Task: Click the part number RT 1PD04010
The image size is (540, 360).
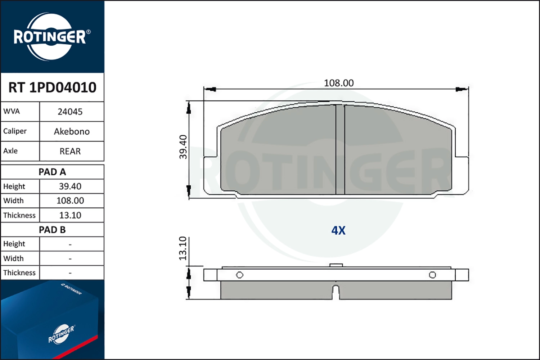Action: click(x=52, y=87)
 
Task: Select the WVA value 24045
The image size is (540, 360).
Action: click(x=70, y=112)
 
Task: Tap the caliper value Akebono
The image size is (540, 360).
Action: click(x=72, y=132)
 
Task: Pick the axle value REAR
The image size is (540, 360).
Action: click(x=70, y=152)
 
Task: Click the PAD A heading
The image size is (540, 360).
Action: click(x=52, y=172)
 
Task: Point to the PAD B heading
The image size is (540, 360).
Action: click(x=52, y=230)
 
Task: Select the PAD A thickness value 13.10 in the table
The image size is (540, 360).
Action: click(x=70, y=215)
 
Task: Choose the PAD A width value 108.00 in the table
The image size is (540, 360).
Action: click(x=70, y=201)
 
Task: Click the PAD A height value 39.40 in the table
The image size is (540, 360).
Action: click(x=70, y=186)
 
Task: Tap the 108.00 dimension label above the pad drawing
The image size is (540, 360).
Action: click(x=339, y=83)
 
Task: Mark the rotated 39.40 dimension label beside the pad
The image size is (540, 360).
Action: click(x=183, y=147)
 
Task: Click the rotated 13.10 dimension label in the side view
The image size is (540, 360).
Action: click(x=183, y=248)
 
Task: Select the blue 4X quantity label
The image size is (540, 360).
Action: click(x=338, y=230)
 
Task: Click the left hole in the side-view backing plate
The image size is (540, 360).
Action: click(x=239, y=275)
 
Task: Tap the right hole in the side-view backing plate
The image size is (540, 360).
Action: click(x=432, y=275)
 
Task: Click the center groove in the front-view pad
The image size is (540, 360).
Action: click(x=340, y=149)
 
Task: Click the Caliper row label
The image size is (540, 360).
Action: click(x=15, y=131)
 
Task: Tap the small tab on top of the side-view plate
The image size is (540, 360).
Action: click(x=336, y=266)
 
